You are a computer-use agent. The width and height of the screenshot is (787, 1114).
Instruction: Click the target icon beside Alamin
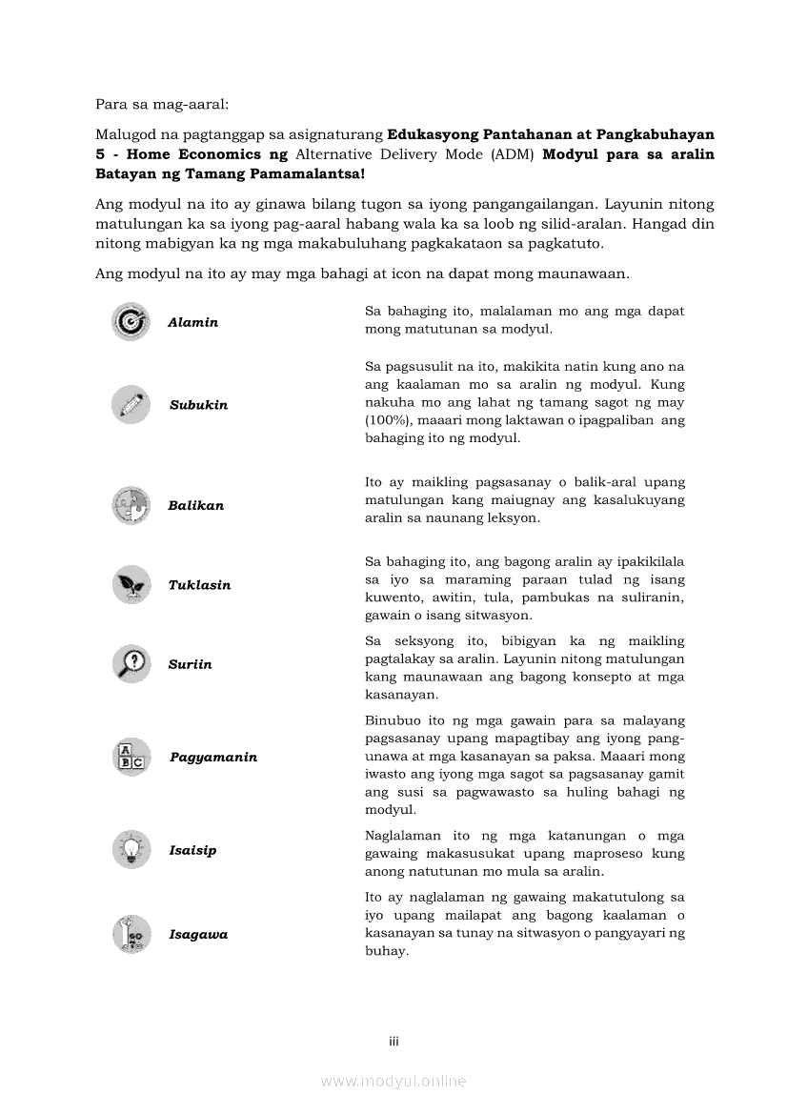tap(131, 322)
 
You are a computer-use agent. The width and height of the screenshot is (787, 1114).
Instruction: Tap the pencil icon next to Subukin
tap(131, 404)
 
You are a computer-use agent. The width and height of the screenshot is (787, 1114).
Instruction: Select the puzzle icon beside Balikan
tap(131, 505)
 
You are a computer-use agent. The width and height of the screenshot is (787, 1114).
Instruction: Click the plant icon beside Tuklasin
tap(131, 584)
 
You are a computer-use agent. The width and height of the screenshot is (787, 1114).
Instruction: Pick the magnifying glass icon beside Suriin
tap(131, 663)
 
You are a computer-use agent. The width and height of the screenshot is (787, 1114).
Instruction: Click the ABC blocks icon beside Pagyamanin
tap(131, 757)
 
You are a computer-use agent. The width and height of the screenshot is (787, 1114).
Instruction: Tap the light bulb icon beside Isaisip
tap(131, 849)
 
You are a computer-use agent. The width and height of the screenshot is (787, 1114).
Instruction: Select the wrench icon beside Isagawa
tap(131, 934)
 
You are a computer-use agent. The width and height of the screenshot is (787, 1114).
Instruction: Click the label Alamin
tap(192, 323)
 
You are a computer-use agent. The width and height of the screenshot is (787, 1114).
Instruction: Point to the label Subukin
tap(198, 405)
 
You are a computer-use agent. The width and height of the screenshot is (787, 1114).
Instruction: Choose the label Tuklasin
tap(199, 585)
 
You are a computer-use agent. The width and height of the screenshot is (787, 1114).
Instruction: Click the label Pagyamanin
tap(213, 758)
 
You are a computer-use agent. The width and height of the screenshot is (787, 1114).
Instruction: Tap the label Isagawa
tap(198, 935)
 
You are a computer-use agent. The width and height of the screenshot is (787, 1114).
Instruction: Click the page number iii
tap(393, 1042)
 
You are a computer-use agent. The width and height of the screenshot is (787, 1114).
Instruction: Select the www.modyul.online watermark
tap(393, 1081)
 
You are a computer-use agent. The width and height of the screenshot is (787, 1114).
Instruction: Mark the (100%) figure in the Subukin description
tap(387, 420)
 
